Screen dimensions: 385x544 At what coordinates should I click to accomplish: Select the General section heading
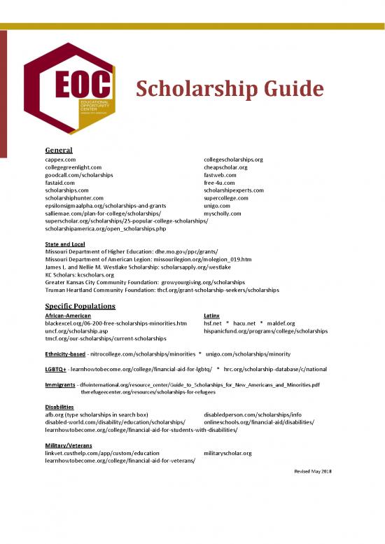click(x=59, y=150)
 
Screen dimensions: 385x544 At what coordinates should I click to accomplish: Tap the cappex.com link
click(x=60, y=160)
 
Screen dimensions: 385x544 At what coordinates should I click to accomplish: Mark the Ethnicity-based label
click(x=65, y=354)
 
